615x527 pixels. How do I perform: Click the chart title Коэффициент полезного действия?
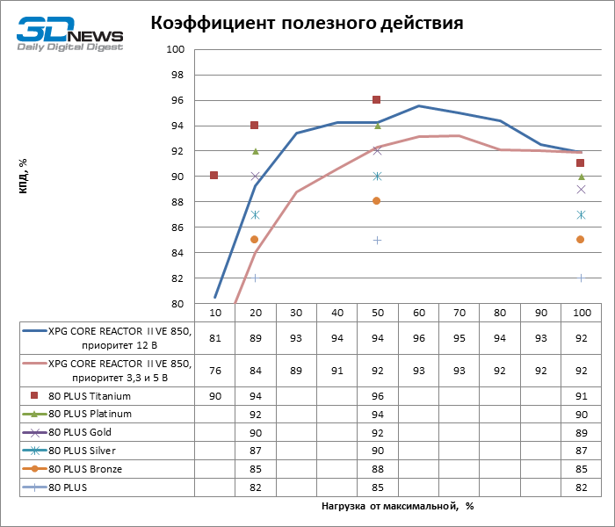point(307,22)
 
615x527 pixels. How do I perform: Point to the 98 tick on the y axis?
point(176,75)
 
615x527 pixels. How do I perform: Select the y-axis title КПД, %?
point(23,177)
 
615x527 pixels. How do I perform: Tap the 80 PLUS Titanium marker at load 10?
point(213,176)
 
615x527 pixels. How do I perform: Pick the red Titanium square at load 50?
point(377,100)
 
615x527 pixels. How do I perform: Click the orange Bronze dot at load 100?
point(580,239)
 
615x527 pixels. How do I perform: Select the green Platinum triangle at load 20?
point(255,151)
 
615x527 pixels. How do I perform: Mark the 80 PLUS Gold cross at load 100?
point(580,189)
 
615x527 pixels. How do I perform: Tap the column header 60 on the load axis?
point(417,314)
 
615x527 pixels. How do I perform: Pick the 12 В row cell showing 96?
point(417,337)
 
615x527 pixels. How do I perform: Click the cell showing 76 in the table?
point(213,371)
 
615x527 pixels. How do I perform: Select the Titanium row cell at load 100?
point(580,396)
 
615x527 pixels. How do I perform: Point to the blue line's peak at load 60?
point(417,106)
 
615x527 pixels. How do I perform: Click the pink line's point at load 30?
point(295,192)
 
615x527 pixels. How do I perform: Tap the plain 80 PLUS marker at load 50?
point(377,240)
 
